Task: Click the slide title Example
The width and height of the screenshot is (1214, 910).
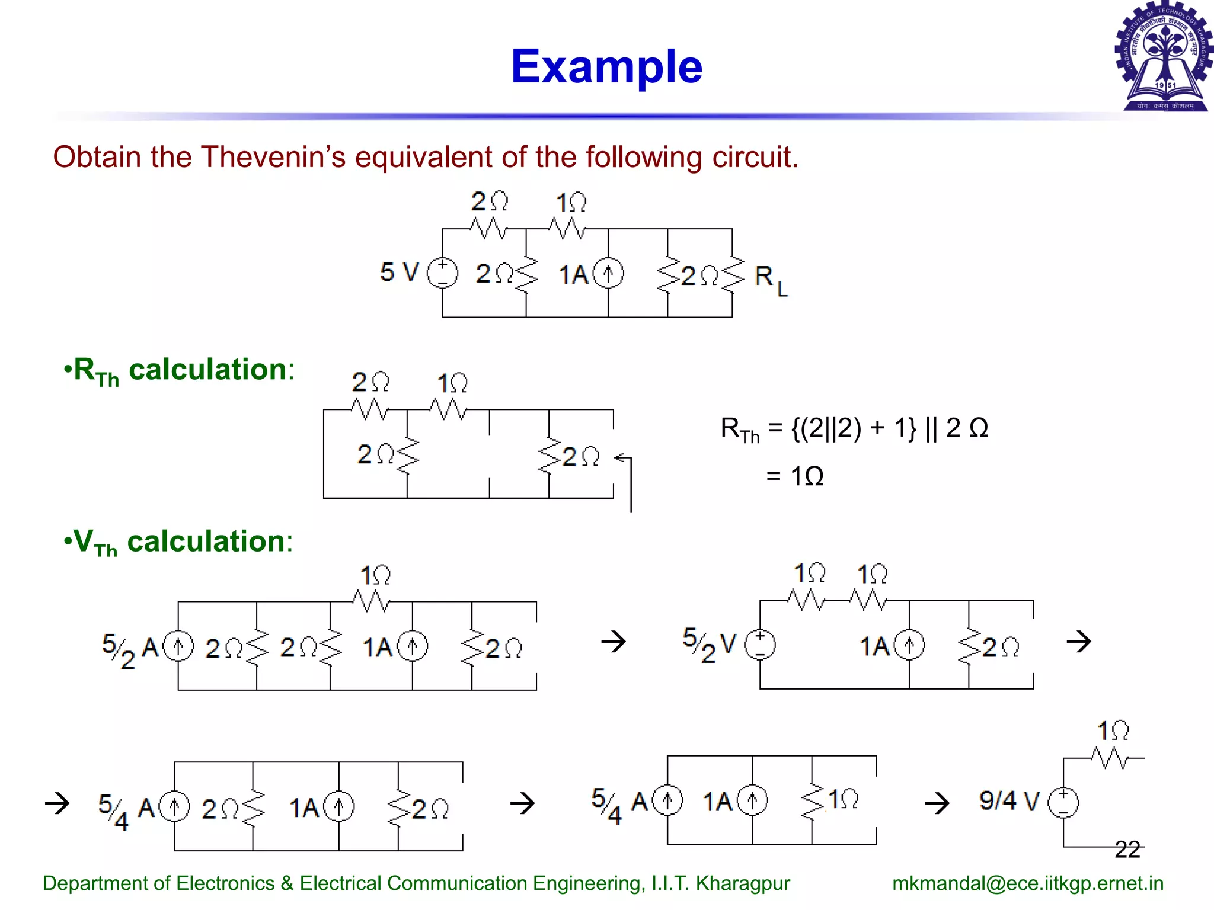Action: [x=606, y=66]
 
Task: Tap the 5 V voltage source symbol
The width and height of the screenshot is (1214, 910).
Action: [x=442, y=273]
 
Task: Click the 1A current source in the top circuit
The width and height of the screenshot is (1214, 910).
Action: [x=608, y=274]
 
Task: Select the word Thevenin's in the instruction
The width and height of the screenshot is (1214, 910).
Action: [x=273, y=158]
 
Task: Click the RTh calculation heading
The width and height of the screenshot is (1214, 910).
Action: [x=178, y=371]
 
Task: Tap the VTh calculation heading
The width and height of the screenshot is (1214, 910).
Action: [x=178, y=542]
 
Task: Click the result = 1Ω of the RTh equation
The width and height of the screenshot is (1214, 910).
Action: [x=794, y=476]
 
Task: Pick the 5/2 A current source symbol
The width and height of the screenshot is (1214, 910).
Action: [x=178, y=646]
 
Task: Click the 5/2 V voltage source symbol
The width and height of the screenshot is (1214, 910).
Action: [x=760, y=645]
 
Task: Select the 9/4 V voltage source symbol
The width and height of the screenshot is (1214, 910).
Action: [x=1063, y=803]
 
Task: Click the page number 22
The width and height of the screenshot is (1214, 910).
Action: [x=1127, y=850]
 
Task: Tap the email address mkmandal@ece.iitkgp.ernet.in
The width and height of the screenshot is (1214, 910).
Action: [x=1027, y=883]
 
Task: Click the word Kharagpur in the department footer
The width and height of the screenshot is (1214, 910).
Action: [x=743, y=883]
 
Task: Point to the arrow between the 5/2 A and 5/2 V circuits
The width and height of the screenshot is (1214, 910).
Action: [x=614, y=641]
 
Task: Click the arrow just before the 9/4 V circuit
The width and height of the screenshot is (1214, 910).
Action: [x=937, y=803]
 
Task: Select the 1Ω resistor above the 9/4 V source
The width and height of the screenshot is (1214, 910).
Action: [x=1110, y=757]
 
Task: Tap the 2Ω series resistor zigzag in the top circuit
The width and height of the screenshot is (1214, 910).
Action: [x=489, y=228]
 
